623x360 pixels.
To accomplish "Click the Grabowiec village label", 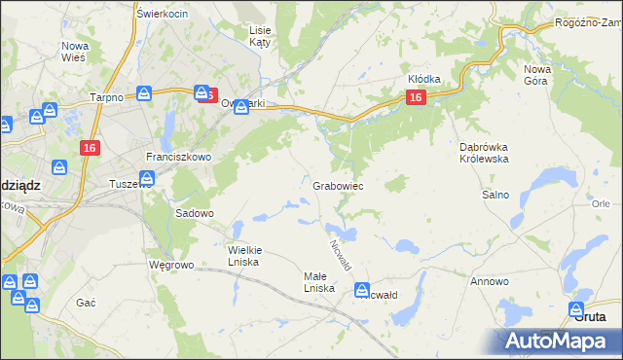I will coord(338,185).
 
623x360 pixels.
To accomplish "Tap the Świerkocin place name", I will coord(162,14).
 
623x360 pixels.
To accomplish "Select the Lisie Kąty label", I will coord(260,37).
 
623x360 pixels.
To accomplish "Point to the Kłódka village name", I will coord(424,79).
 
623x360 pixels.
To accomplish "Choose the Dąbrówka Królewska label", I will coord(485,153).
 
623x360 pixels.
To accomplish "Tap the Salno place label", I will coord(495,195).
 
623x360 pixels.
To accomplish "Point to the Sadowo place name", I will coord(194,212).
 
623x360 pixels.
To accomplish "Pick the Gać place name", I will coord(86,303).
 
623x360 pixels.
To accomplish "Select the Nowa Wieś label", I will coord(75,52).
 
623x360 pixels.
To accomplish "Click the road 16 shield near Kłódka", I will coord(416,97).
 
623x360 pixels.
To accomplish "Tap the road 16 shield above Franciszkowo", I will coord(89,147).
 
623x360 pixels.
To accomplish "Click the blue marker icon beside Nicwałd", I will coord(362,289).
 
